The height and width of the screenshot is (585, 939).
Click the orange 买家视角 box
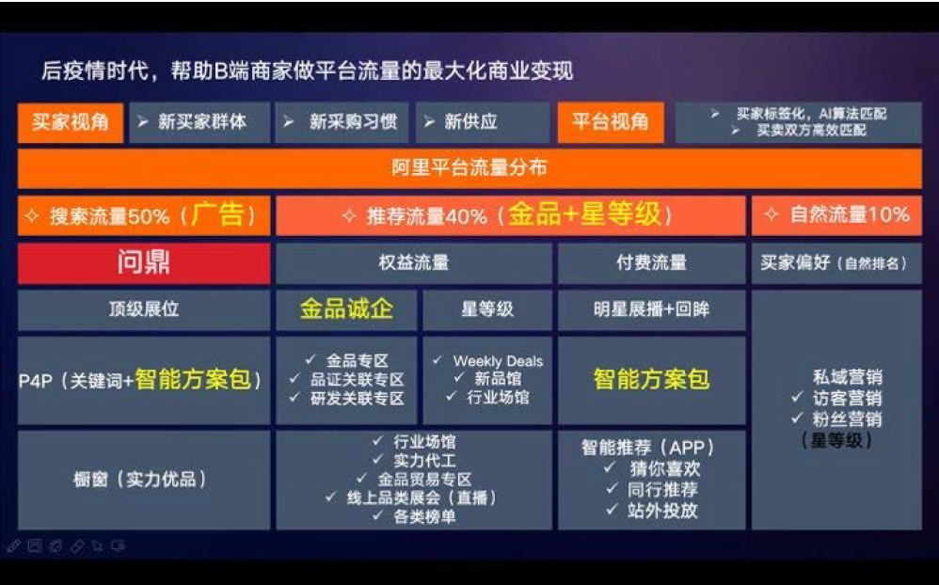(x=70, y=123)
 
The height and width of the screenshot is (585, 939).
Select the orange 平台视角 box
(x=611, y=123)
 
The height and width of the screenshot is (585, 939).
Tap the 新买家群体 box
(x=199, y=123)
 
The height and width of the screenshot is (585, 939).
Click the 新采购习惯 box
(x=342, y=123)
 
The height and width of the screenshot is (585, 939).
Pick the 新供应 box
(x=482, y=123)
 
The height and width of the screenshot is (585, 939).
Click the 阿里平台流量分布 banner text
(x=469, y=167)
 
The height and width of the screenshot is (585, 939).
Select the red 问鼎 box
(x=144, y=262)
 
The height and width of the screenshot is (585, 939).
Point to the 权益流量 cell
(x=414, y=262)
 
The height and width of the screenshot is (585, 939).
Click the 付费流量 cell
(x=651, y=262)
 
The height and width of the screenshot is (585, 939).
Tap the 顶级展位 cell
(x=144, y=309)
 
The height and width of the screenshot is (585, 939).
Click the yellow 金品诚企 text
(x=346, y=309)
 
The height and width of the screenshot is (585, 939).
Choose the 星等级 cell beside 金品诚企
(x=486, y=309)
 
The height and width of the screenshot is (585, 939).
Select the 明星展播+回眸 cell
(x=651, y=309)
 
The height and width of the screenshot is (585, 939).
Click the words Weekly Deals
(x=499, y=361)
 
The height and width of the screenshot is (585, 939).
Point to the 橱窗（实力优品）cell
(x=144, y=480)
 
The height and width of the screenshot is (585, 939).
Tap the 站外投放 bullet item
(x=653, y=510)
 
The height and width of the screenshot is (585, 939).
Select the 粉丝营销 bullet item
(x=837, y=419)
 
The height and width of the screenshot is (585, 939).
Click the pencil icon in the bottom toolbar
(x=13, y=546)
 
